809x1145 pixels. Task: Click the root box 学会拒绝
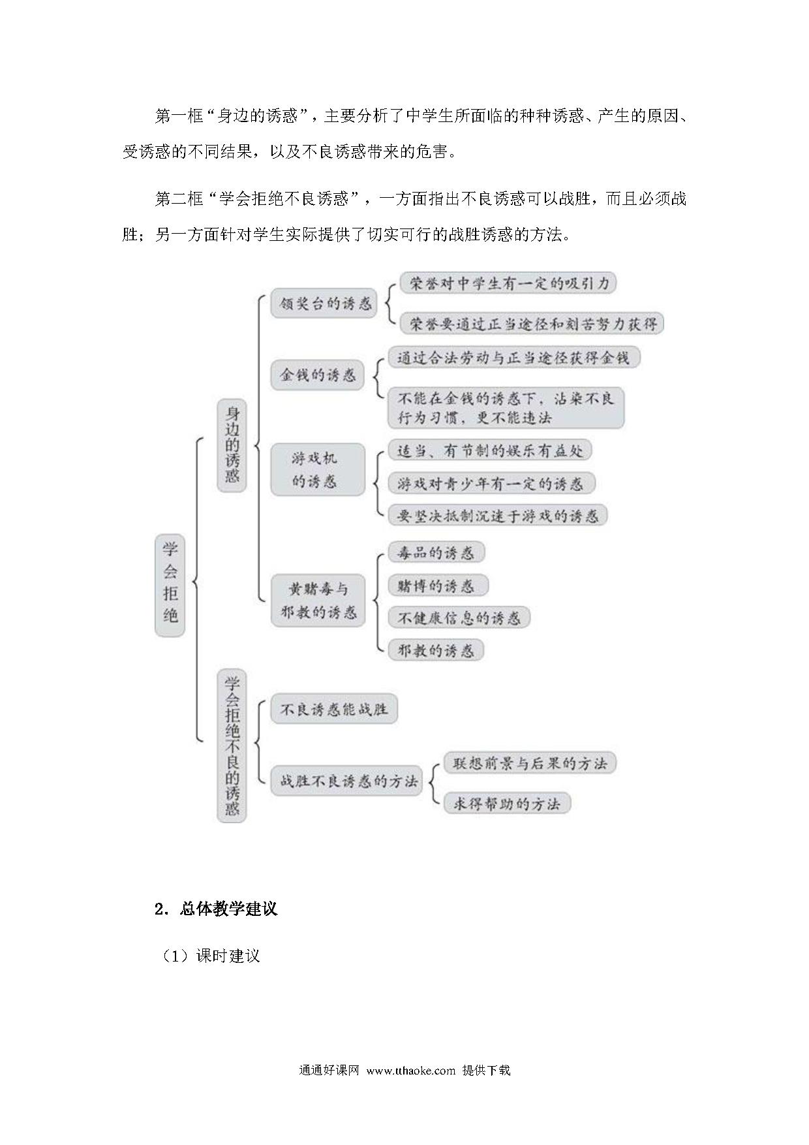click(170, 585)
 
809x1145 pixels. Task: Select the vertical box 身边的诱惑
click(232, 445)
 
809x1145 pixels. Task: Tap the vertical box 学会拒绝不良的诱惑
click(232, 745)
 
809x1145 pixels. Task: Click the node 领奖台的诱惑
click(324, 304)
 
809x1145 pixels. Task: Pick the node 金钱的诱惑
click(317, 375)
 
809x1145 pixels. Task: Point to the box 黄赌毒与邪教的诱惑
click(317, 601)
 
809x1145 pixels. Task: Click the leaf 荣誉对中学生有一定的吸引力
click(508, 283)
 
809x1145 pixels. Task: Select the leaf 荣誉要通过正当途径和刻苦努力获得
click(532, 323)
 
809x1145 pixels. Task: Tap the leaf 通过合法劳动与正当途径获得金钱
click(514, 358)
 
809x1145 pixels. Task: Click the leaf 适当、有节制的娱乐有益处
click(490, 450)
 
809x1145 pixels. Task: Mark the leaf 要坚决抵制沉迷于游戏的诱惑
click(498, 516)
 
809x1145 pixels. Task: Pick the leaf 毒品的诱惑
click(436, 553)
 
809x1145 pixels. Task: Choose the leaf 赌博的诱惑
click(438, 586)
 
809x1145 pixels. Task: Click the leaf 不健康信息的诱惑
click(459, 618)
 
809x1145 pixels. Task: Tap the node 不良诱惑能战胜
click(334, 709)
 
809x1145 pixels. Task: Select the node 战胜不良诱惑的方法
click(346, 781)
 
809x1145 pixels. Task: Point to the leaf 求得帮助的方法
click(507, 804)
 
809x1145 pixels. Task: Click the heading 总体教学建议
click(228, 909)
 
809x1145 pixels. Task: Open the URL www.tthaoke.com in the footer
click(410, 1071)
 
